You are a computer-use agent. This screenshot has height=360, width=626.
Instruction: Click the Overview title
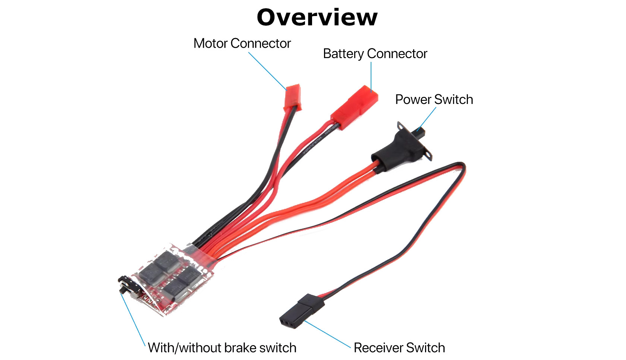click(317, 17)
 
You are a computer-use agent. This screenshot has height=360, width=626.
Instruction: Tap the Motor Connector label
click(242, 43)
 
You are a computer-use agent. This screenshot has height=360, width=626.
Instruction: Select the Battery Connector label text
click(375, 54)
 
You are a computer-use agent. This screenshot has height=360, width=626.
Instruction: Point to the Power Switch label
click(434, 100)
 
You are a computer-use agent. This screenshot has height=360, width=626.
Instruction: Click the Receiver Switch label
click(399, 348)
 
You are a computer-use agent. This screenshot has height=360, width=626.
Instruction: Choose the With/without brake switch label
click(222, 348)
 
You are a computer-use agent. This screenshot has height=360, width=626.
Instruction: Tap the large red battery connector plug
click(354, 107)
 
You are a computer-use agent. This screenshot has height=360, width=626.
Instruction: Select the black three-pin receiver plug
click(302, 311)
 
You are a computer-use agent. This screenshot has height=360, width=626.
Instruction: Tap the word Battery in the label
click(343, 54)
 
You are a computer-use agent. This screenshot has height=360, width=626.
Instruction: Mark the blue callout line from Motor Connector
click(267, 71)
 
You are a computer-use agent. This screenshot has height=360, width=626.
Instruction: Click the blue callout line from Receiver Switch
click(327, 334)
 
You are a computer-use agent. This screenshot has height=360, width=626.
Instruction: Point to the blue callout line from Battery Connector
click(371, 77)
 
